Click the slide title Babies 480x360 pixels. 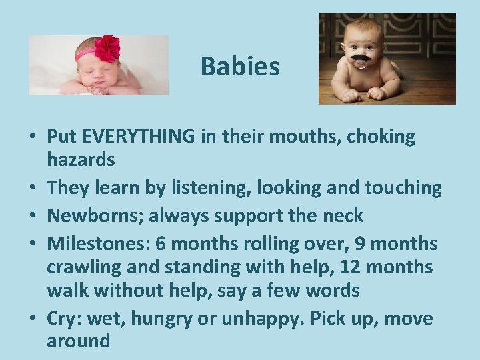[240, 67]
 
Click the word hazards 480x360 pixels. [81, 160]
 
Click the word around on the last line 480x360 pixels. [78, 342]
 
